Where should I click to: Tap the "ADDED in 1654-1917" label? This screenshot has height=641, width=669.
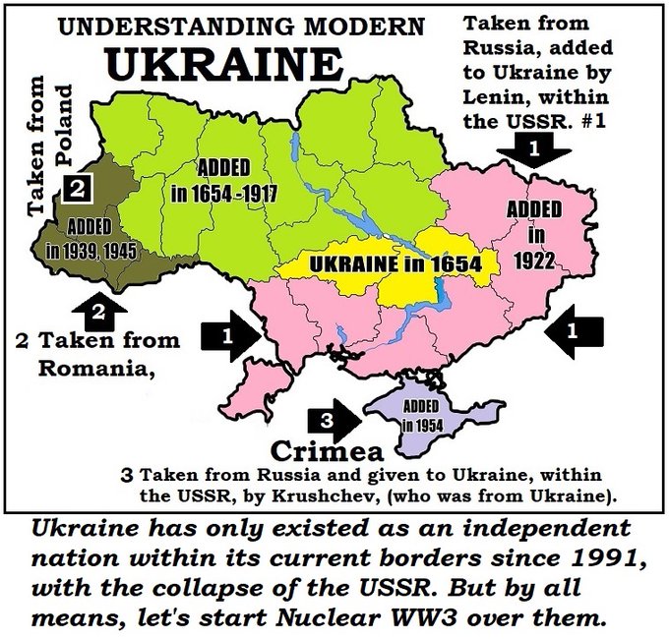(224, 179)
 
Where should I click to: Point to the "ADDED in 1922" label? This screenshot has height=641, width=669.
(534, 235)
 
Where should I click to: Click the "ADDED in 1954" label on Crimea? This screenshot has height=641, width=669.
(421, 415)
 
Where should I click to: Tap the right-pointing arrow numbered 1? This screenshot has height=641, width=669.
(230, 335)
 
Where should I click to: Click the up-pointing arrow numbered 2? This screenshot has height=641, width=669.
(97, 313)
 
